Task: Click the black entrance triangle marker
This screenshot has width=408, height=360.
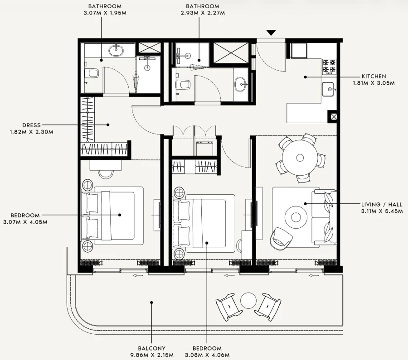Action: click(271, 33)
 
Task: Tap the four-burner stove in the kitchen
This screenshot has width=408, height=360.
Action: click(329, 66)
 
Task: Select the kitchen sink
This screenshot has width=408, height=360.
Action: click(328, 90)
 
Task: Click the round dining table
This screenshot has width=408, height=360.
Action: click(300, 158)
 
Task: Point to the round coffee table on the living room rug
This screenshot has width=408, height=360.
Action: click(296, 217)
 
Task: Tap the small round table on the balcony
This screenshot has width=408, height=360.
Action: click(249, 300)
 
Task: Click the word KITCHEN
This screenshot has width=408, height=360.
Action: click(374, 77)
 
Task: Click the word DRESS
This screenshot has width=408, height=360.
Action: click(31, 125)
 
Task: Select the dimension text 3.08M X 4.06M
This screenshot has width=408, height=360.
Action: click(207, 355)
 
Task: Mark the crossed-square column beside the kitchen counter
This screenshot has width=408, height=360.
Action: click(333, 117)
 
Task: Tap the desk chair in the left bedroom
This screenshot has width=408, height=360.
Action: click(106, 173)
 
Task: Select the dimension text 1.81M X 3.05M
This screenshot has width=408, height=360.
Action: click(374, 83)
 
